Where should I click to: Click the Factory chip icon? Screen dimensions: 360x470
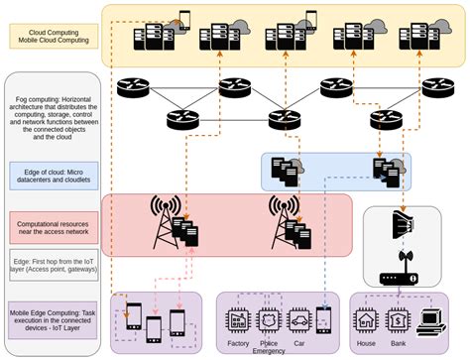tap(238, 318)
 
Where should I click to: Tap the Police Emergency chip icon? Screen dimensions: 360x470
tap(268, 318)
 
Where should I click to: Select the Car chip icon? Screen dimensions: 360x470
tap(297, 318)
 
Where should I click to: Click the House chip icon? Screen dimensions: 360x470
tap(365, 318)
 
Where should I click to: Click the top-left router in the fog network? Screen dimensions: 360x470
tap(135, 86)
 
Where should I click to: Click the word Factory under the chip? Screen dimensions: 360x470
tap(238, 341)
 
